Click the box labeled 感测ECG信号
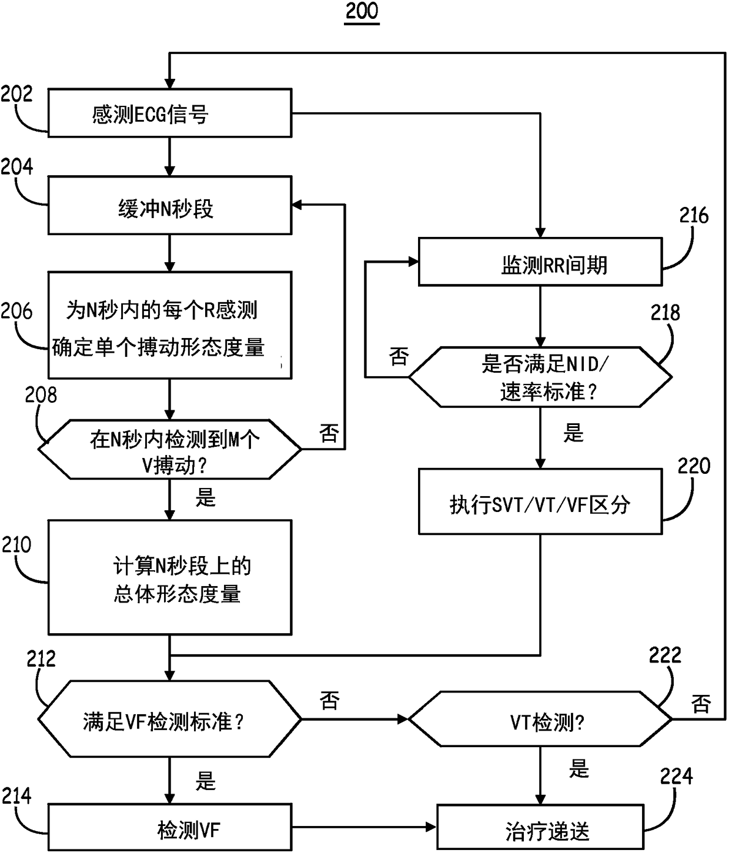[169, 113]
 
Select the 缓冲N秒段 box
[169, 205]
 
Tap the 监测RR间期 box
[540, 262]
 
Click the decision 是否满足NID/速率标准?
[540, 377]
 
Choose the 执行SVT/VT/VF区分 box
[540, 501]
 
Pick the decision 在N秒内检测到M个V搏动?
[169, 450]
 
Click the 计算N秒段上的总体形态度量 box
[169, 577]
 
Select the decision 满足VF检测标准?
[169, 719]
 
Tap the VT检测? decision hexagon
[540, 719]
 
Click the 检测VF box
[169, 829]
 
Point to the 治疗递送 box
[540, 829]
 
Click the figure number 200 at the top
[362, 12]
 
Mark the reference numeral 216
[694, 216]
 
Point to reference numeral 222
[665, 655]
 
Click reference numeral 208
[41, 395]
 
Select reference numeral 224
[676, 777]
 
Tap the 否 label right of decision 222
[701, 703]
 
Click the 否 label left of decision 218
[399, 356]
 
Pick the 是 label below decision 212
[206, 781]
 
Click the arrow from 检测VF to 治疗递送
[364, 828]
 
